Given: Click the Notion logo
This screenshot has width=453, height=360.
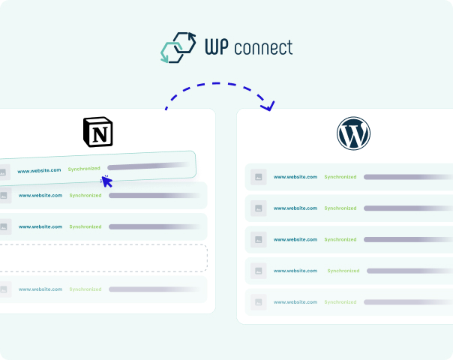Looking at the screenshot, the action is coord(98,132).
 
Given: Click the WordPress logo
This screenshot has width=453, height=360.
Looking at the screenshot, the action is coord(353,133).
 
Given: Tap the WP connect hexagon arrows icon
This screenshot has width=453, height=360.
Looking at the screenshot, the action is coord(178,47).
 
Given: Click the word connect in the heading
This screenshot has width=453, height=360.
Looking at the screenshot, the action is coord(263,48).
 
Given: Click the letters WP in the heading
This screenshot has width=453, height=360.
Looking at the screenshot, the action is coord(217,46).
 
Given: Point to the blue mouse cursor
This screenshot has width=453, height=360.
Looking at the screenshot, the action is coord(106,181).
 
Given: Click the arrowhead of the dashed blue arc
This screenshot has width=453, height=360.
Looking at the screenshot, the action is coord(268,106).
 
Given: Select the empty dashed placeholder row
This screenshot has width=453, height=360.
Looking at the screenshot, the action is coord(103,258).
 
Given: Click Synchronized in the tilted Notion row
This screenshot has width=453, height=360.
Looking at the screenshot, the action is coord(84,169).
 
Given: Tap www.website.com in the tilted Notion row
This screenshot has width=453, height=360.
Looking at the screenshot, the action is coord(39,170).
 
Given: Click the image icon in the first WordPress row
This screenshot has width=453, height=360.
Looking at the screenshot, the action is coord(259,177).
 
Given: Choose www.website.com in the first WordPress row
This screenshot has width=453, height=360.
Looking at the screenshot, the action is coord(295,177).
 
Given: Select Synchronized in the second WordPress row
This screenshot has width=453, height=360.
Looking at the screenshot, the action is coord(340,208).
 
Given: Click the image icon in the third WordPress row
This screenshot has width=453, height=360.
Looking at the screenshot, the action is coord(259,239).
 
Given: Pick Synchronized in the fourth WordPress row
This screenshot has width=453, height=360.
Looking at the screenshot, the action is coord(343,271).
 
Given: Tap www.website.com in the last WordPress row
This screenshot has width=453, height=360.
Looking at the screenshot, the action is coord(295,302).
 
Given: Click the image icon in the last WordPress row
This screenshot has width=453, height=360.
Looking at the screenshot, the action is coord(259,302).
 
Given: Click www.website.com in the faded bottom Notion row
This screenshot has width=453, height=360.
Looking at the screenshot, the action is coord(40,289).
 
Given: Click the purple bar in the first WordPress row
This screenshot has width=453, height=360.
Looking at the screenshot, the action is coord(408,177).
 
